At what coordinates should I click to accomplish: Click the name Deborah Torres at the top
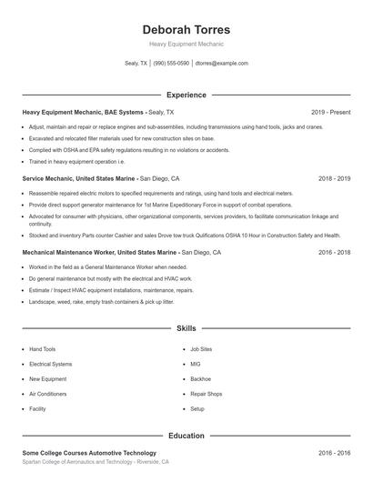(186, 29)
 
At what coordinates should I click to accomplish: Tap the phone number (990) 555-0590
(171, 64)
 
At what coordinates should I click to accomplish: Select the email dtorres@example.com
(222, 64)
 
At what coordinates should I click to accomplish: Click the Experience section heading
(186, 95)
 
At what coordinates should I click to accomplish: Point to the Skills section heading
(186, 327)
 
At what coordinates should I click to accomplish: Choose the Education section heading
(186, 436)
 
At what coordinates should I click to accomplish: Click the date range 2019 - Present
(330, 112)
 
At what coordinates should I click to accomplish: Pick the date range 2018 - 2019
(335, 179)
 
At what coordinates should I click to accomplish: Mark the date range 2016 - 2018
(335, 251)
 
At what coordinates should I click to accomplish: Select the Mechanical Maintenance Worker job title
(99, 251)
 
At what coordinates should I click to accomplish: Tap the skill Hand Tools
(42, 349)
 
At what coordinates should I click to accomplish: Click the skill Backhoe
(200, 379)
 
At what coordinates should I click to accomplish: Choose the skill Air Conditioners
(47, 394)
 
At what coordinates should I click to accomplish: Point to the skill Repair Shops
(206, 394)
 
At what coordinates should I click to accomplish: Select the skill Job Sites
(201, 349)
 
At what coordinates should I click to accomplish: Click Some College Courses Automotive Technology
(89, 453)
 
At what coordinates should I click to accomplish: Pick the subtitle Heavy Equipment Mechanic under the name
(186, 44)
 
